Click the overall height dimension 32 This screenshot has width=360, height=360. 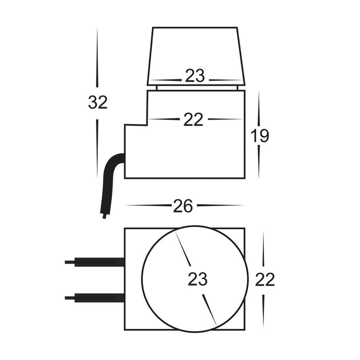(98, 103)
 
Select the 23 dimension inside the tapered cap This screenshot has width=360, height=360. (195, 76)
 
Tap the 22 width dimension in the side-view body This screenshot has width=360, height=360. (193, 120)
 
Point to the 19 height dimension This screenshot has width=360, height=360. (260, 136)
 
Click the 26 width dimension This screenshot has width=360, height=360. (183, 206)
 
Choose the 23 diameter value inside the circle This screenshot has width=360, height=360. (198, 279)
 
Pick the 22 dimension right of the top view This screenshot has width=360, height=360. (265, 280)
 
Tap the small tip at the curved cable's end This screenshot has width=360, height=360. (104, 216)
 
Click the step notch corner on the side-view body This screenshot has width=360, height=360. (147, 125)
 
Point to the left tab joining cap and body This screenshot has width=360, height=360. (156, 88)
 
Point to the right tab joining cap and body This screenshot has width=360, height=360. (236, 88)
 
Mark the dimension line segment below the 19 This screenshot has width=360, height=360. (259, 162)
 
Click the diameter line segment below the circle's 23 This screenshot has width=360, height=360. (210, 310)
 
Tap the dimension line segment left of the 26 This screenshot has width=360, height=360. (148, 206)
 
